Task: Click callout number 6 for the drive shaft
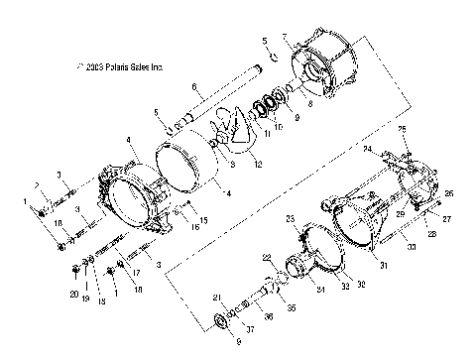point(194,85)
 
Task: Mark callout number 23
point(292,218)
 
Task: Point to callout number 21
point(217,298)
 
